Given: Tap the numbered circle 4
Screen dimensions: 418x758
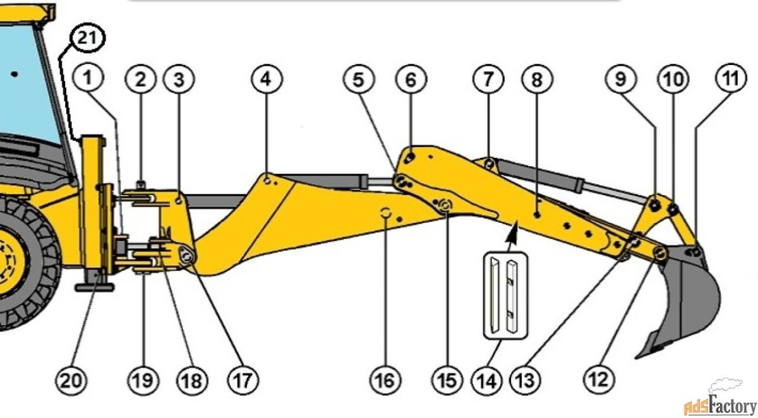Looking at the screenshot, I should (267, 79).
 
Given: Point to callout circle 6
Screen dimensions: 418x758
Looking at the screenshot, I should (411, 79).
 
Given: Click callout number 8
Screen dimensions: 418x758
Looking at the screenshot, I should (537, 79).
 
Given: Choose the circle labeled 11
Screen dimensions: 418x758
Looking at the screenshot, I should (730, 79).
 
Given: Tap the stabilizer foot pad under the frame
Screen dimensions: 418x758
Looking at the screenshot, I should (95, 287).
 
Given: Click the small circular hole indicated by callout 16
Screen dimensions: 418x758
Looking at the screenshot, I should (385, 213).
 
